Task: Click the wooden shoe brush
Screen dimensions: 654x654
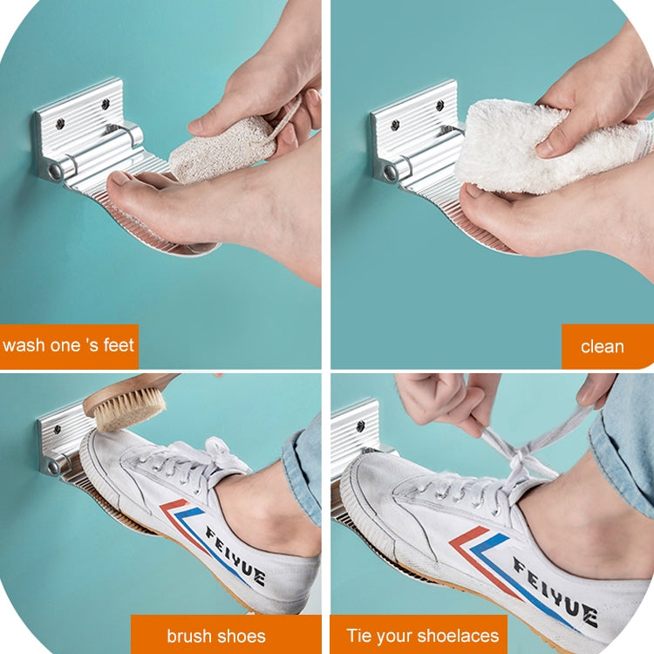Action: [125, 400]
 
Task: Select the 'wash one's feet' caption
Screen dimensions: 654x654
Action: [68, 346]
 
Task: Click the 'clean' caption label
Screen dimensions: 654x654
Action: [603, 346]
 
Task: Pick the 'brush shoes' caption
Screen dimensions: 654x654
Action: [216, 636]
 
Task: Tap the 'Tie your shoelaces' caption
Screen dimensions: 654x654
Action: [423, 636]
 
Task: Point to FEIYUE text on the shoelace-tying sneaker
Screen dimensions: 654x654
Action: [555, 591]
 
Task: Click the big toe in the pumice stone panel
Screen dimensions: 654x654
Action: [125, 182]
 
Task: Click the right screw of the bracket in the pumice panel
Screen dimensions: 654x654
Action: [106, 103]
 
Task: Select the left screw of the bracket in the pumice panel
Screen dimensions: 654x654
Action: [61, 124]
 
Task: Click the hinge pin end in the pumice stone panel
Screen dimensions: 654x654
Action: [54, 171]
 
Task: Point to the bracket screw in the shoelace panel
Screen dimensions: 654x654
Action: [360, 426]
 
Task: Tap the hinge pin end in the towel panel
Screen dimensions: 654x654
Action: [391, 172]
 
